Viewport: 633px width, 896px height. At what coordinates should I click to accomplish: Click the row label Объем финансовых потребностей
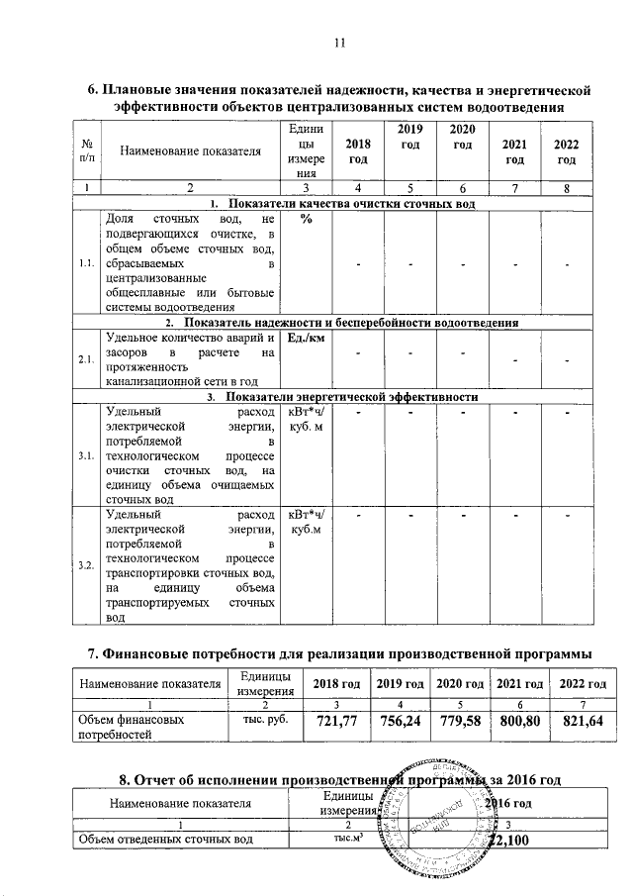[132, 728]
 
